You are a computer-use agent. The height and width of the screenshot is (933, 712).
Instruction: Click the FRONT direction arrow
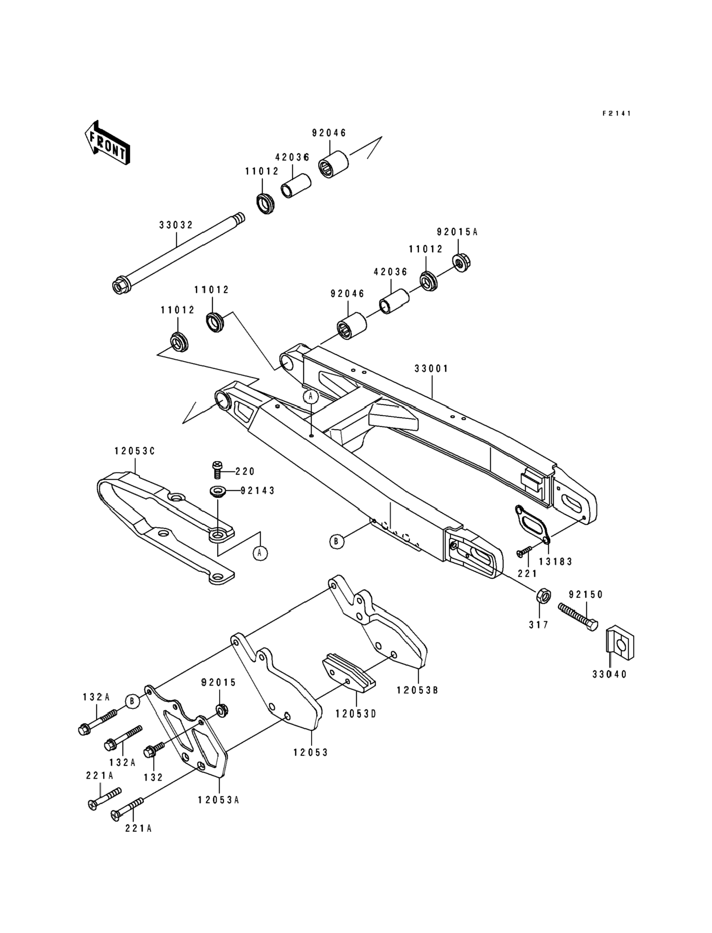coord(107,142)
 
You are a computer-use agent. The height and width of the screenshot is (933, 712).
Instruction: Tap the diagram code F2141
coord(617,113)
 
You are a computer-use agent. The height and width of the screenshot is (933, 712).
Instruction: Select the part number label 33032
coord(176,225)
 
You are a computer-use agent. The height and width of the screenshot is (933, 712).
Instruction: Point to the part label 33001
coord(431,369)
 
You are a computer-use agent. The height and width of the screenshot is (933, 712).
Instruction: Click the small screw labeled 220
coord(217,470)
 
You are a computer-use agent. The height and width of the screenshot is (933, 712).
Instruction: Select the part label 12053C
coord(134,451)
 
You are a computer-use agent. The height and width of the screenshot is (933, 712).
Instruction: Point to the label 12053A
coord(219,800)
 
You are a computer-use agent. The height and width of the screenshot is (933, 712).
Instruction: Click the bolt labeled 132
coord(154,750)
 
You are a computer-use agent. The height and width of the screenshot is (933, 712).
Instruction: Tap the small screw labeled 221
coord(525,551)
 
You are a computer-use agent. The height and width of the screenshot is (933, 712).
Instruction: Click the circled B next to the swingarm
coord(337,542)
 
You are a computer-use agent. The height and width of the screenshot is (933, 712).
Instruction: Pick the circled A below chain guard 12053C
coord(260,553)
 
